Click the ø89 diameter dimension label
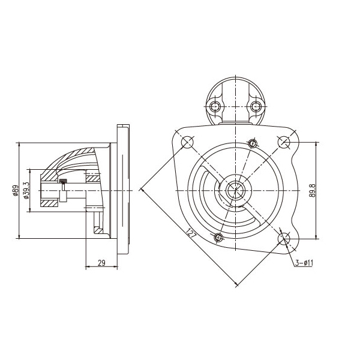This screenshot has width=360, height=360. (x=16, y=191)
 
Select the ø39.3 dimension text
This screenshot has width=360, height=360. (x=26, y=191)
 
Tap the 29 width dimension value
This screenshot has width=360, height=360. (x=101, y=263)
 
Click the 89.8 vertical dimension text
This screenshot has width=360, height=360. (x=312, y=191)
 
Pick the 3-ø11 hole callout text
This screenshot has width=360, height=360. (x=304, y=263)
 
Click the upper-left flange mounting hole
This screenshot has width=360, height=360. (x=188, y=142)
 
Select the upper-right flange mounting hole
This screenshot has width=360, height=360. (x=284, y=142)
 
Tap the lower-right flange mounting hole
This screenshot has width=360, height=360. (x=284, y=239)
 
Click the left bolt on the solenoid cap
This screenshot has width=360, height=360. (x=215, y=106)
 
